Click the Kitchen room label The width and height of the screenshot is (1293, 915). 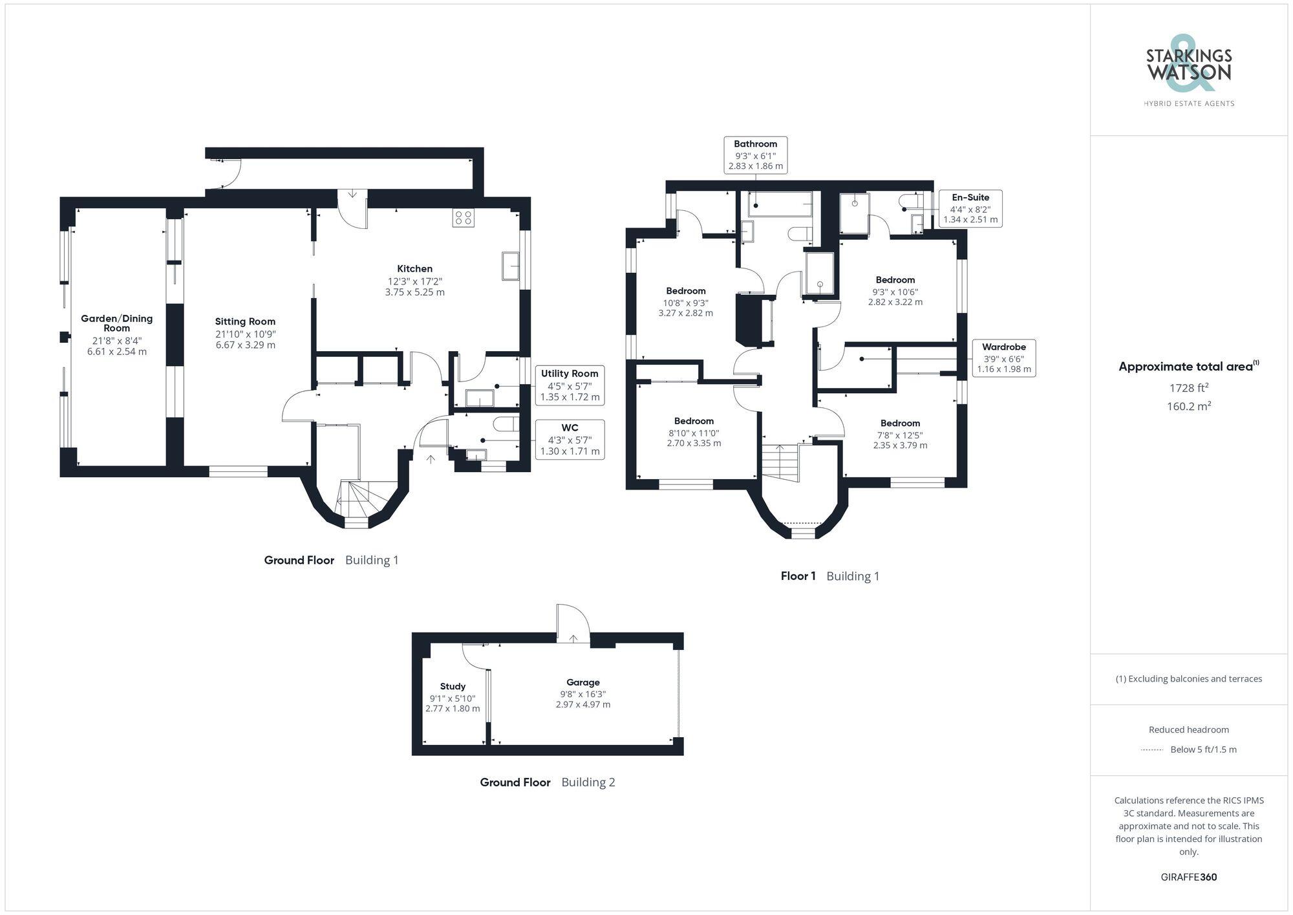[414, 268]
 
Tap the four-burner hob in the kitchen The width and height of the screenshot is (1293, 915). [463, 217]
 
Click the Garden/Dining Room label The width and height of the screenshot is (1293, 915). [116, 323]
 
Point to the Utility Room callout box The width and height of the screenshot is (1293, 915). [570, 385]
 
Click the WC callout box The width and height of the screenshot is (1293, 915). [570, 439]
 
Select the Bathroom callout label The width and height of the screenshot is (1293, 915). [755, 155]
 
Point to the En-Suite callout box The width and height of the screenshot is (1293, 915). [970, 208]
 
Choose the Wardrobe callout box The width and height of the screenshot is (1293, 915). [1003, 358]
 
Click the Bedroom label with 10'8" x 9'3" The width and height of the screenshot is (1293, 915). [685, 291]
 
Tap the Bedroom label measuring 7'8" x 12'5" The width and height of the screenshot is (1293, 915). [900, 424]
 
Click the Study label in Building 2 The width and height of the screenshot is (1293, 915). [453, 686]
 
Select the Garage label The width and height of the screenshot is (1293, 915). [582, 682]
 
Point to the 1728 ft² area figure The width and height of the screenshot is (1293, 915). [1188, 388]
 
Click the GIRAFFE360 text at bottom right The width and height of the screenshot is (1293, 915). [1188, 877]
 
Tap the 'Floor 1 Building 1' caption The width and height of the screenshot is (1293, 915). [829, 576]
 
